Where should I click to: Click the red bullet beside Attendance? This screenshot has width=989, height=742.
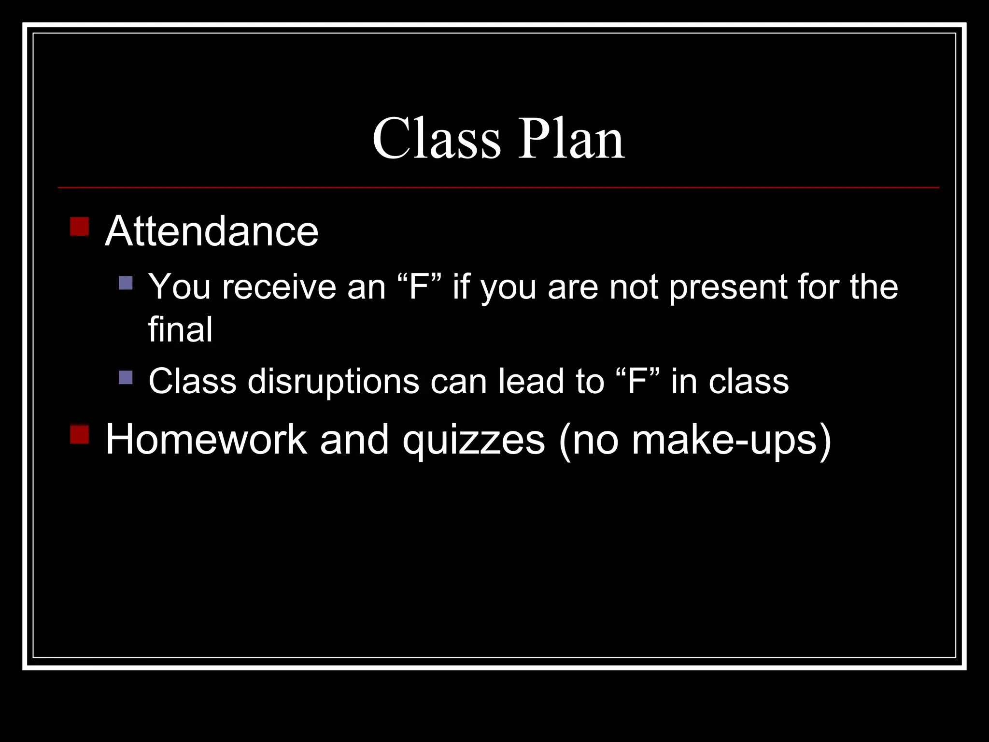(x=80, y=227)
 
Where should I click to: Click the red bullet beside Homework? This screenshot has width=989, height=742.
(x=80, y=434)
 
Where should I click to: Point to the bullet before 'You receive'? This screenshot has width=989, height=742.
(x=126, y=283)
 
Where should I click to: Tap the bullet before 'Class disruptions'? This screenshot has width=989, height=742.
(x=126, y=377)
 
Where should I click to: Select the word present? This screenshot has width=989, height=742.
(x=728, y=287)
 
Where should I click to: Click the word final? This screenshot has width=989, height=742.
(x=180, y=329)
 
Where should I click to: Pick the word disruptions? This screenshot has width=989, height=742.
(x=333, y=381)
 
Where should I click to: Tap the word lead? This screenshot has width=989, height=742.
(x=532, y=381)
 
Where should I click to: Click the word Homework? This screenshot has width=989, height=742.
(x=206, y=440)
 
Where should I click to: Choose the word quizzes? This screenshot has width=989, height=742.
(x=474, y=440)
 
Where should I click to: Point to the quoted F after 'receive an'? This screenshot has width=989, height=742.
(x=419, y=287)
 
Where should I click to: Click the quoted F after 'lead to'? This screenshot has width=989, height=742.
(x=637, y=381)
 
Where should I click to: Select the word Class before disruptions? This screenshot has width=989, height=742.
(x=192, y=381)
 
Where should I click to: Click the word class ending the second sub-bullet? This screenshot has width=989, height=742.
(x=749, y=381)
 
